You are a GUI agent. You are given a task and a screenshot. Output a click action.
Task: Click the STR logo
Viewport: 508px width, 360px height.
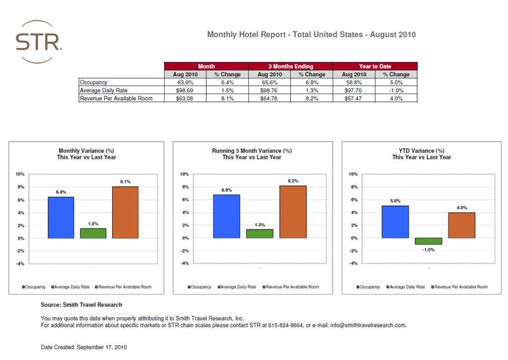coord(39,42)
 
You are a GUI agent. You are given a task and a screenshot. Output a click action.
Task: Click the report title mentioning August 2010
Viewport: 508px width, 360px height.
coord(311,35)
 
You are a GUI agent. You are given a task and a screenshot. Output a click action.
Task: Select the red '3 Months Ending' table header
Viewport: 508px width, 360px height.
coord(291,66)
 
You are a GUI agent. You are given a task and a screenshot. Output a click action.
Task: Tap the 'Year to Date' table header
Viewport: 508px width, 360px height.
coord(375,66)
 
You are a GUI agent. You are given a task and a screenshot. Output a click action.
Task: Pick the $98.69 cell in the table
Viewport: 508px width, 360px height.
coord(185,90)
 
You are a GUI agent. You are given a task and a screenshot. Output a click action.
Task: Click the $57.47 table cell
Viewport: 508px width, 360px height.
coord(354,98)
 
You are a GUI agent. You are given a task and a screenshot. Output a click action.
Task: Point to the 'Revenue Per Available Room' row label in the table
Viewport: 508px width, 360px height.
coord(116,98)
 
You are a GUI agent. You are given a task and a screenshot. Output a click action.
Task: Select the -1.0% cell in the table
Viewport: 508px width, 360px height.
coord(396,90)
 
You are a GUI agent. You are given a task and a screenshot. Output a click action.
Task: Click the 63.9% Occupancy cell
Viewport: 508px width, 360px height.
coord(185,82)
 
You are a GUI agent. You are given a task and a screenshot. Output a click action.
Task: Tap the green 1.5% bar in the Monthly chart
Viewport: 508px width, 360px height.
coord(93,233)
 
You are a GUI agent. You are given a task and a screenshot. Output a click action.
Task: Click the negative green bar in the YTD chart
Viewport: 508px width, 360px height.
coord(429,241)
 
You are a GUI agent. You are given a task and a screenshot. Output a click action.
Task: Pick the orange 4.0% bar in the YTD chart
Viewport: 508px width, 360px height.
coord(461,225)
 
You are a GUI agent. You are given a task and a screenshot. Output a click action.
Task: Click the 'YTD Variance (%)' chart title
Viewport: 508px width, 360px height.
coord(421,150)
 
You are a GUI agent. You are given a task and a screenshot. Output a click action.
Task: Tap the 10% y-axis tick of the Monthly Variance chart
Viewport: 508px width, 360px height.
coord(20,174)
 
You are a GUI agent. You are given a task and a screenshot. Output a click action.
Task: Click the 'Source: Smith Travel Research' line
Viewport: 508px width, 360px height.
coord(81,304)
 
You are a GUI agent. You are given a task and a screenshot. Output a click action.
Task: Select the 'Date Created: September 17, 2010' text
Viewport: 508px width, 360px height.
coord(83,347)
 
